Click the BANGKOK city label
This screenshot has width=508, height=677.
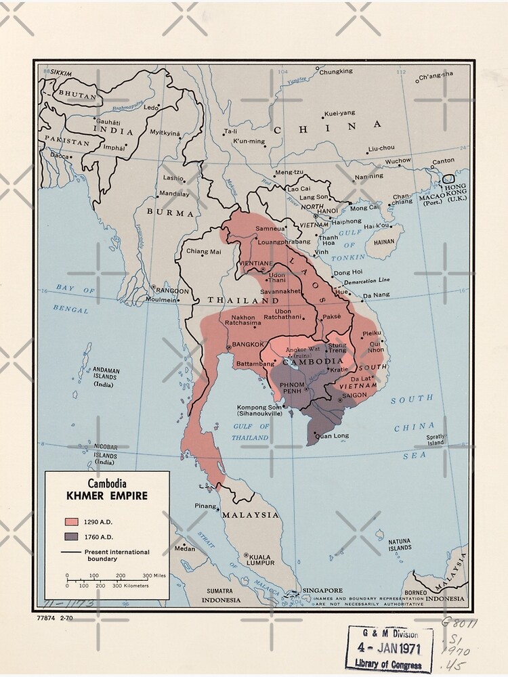pyautogui.click(x=247, y=345)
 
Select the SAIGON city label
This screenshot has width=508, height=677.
pyautogui.click(x=354, y=395)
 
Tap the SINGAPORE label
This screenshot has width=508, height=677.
pyautogui.click(x=322, y=590)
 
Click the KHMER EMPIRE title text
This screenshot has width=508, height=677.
pyautogui.click(x=107, y=496)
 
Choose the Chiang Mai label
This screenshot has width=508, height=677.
pyautogui.click(x=203, y=252)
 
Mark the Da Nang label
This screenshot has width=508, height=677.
pyautogui.click(x=376, y=296)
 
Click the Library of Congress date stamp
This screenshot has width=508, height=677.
pyautogui.click(x=389, y=648)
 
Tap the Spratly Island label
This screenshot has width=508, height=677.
pyautogui.click(x=436, y=439)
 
